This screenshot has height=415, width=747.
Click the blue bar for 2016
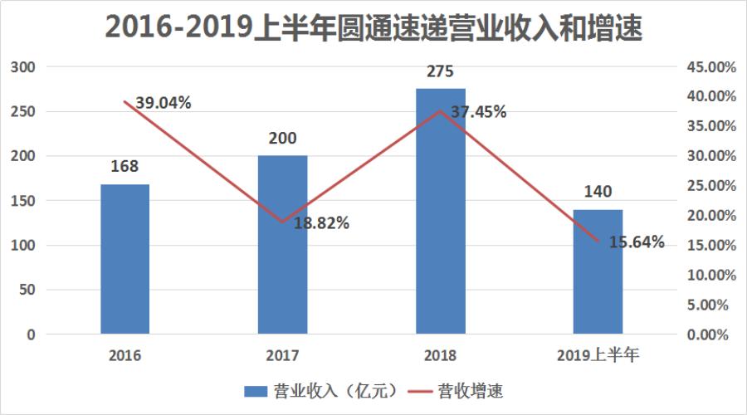(x=124, y=259)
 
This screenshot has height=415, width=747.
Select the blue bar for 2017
(x=282, y=245)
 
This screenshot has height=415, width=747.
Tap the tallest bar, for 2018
(x=440, y=212)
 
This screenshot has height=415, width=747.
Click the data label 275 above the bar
(x=440, y=72)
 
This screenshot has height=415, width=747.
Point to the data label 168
(x=124, y=168)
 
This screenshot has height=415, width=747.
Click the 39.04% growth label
(x=164, y=103)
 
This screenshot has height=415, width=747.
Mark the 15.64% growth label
(x=637, y=242)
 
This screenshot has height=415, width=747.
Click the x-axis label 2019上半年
(x=598, y=356)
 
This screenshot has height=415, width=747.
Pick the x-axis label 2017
(x=282, y=356)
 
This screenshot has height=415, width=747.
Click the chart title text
(x=373, y=27)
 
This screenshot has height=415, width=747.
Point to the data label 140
(x=598, y=193)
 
